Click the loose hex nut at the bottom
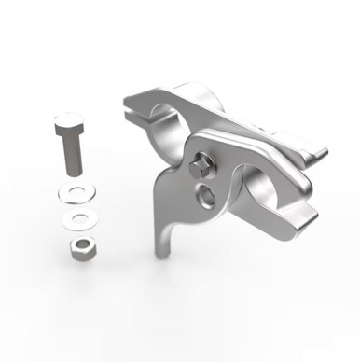click(80, 247)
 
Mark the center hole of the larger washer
click(75, 192)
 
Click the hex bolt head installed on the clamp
click(202, 169)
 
